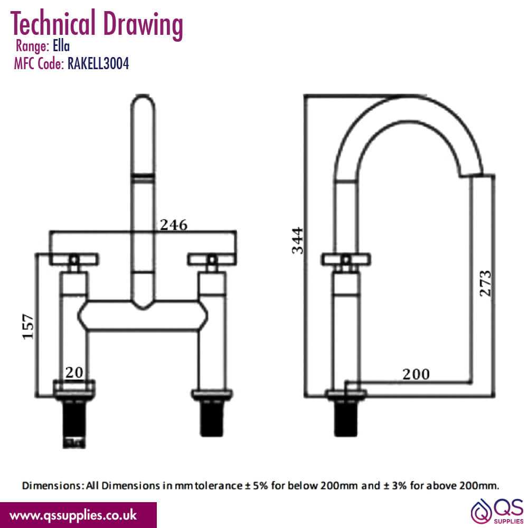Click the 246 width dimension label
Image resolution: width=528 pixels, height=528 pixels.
click(173, 224)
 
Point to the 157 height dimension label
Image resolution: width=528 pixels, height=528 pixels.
click(29, 326)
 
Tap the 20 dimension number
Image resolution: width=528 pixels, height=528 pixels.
click(74, 372)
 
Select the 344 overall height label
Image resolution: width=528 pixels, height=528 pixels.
click(298, 240)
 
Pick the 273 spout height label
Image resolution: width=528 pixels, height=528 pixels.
click(485, 283)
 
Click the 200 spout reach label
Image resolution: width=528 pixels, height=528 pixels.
click(416, 374)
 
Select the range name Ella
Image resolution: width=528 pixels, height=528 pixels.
click(61, 46)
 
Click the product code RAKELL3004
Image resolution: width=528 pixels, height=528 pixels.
click(98, 63)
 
